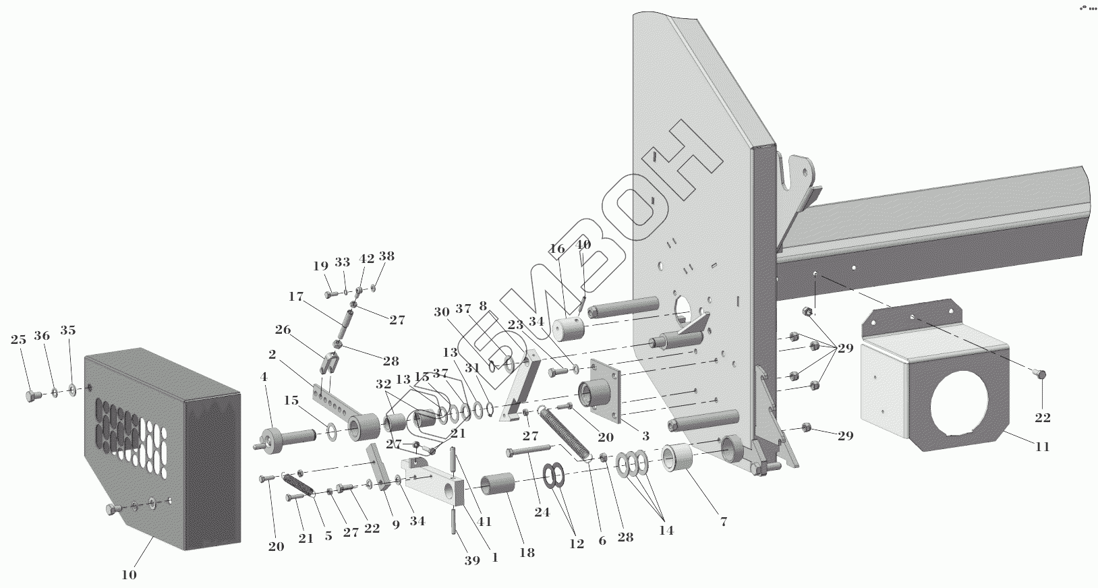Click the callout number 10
129,575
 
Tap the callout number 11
1042,446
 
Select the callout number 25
18,340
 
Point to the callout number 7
723,521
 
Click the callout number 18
527,553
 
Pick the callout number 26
283,330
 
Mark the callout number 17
295,296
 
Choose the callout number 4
264,377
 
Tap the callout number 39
472,560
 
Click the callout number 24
542,512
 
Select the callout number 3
645,436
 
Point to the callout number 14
666,530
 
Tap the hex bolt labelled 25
30,396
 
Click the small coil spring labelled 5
297,485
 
